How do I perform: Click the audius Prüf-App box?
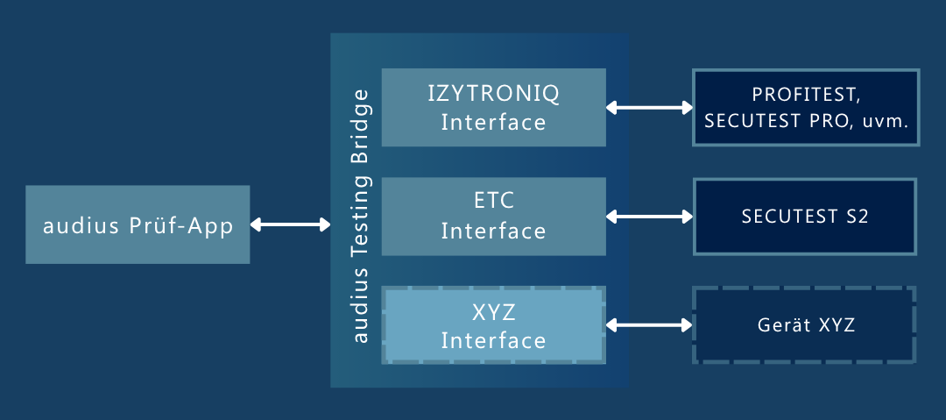(138, 224)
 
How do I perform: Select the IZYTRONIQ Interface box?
(494, 107)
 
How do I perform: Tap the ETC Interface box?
(494, 217)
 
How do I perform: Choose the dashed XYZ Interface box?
(494, 325)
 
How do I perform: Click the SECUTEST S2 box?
(805, 217)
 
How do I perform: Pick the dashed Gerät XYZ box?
(805, 325)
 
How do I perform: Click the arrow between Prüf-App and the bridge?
(290, 225)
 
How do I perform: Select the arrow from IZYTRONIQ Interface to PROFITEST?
(649, 108)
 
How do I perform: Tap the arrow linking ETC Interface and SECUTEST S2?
(649, 216)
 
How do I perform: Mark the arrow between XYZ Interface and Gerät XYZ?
(649, 325)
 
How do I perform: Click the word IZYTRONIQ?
(493, 93)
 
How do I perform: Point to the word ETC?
(493, 202)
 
